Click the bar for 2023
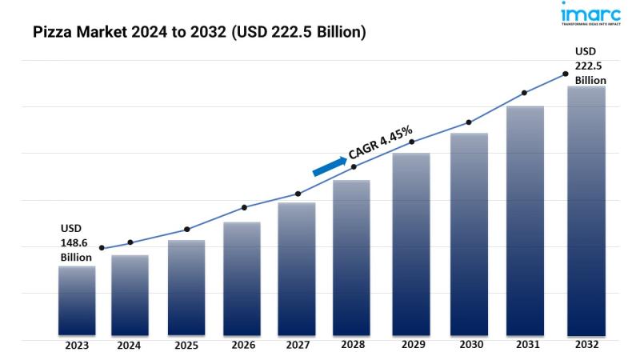click(77, 301)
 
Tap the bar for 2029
click(411, 244)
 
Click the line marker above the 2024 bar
click(130, 242)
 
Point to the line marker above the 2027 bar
click(298, 194)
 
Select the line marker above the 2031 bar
click(525, 93)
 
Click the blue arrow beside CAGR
click(328, 164)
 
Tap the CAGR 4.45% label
click(381, 142)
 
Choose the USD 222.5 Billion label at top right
click(590, 66)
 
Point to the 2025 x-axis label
click(186, 346)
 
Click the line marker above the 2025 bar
click(186, 230)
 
